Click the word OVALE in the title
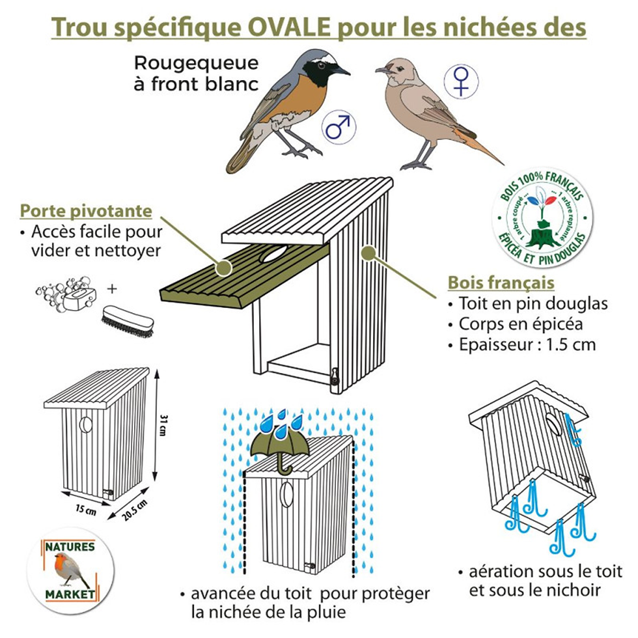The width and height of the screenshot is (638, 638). tap(289, 27)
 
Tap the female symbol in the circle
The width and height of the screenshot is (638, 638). tap(461, 81)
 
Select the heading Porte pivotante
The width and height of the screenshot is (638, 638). tap(86, 211)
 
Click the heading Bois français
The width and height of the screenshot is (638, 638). tap(501, 283)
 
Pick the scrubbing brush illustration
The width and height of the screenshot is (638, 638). tap(128, 322)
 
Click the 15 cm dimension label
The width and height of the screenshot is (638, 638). tap(86, 509)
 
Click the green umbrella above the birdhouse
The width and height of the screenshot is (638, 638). tap(281, 450)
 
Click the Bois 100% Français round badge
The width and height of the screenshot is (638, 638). tap(542, 218)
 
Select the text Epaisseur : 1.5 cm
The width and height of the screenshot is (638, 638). tap(527, 344)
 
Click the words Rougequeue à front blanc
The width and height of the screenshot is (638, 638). tap(197, 74)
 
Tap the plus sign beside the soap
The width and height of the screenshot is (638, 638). tap(112, 289)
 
